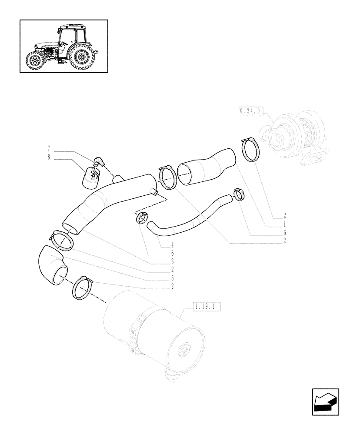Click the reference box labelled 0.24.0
point(250,111)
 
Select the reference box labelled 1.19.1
point(207,307)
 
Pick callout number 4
point(172,244)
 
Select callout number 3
point(172,261)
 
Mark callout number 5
point(172,278)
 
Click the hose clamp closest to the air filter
point(83,288)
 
